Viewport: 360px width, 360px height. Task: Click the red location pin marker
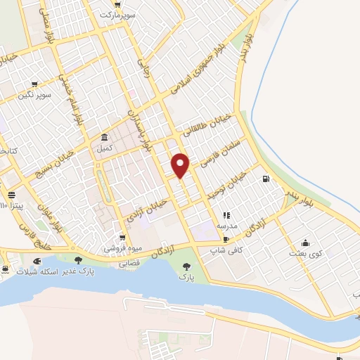(181, 165)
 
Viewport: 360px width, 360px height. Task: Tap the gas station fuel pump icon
(265, 179)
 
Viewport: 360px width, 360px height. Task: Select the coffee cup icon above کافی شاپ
(225, 240)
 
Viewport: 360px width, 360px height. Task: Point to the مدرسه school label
(226, 226)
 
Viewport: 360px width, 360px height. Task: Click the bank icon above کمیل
(104, 137)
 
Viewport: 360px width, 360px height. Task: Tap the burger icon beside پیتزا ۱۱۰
(11, 195)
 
